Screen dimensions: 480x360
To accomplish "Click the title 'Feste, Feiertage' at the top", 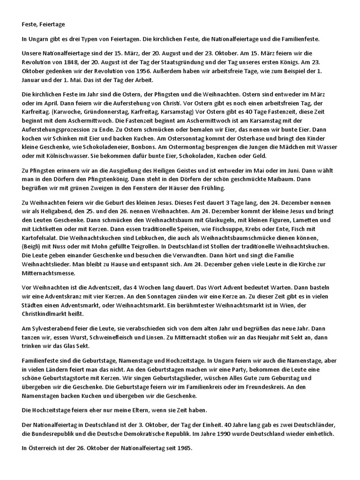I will (x=45, y=23).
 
